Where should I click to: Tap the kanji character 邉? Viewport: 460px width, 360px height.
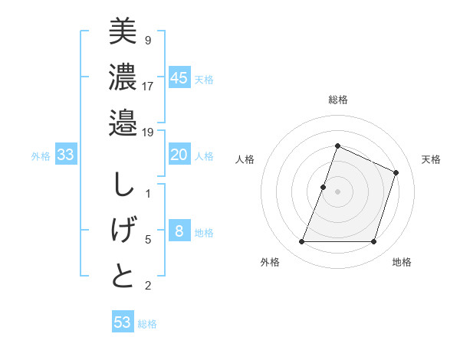pos(123,122)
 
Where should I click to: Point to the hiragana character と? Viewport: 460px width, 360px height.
pos(123,276)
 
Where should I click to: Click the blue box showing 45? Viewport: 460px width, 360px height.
pos(179,77)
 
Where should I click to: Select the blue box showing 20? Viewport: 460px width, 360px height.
pos(179,155)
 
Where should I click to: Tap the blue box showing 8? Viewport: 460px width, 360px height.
pos(179,232)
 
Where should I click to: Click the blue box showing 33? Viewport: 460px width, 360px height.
pos(66,155)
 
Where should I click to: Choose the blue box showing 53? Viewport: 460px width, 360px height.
pos(123,322)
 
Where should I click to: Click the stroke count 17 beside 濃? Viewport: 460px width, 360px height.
pos(148,86)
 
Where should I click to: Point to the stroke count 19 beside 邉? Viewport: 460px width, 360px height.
pos(148,133)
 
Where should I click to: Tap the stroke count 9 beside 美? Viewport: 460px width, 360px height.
pos(147,40)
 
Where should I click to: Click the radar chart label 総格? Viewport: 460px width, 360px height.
pos(337,100)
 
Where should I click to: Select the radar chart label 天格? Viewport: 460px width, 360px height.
pos(431,159)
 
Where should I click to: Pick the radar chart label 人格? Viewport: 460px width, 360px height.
pos(245,159)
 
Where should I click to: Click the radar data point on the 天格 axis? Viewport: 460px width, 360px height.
pos(396,172)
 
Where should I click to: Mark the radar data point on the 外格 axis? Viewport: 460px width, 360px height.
pos(301,242)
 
